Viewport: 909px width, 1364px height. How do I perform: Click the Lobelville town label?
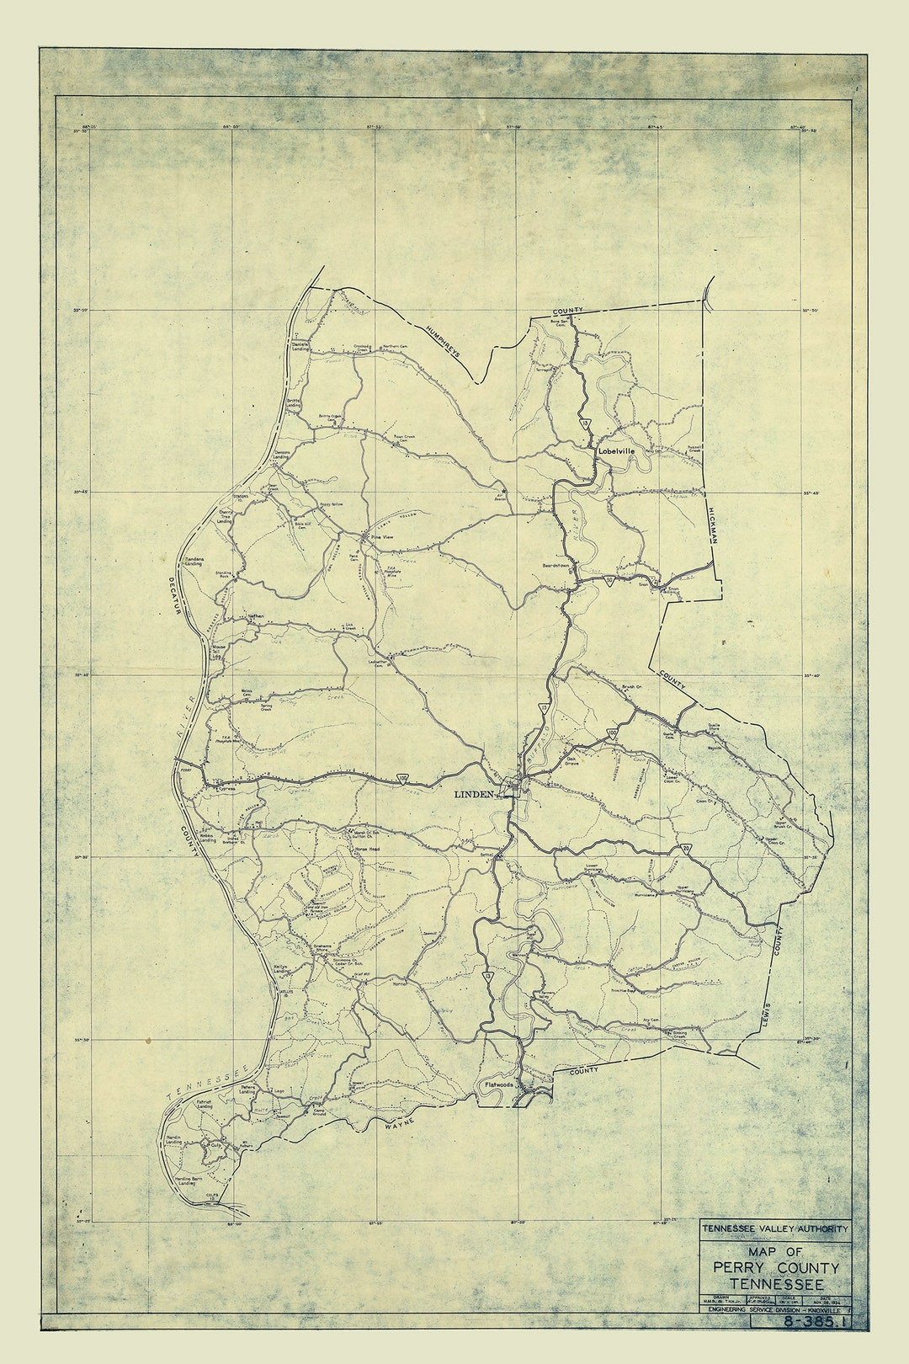tap(616, 451)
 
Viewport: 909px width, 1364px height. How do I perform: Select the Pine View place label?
tap(383, 536)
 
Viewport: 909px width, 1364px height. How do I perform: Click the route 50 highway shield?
tap(612, 733)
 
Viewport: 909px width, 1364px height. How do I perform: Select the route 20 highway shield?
tap(688, 850)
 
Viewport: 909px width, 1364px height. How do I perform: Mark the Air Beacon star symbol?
tap(503, 491)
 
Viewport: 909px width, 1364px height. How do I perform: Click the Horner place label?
tap(399, 983)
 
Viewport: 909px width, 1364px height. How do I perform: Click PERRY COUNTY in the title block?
tap(775, 1268)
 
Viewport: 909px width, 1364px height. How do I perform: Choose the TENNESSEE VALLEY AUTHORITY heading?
tap(775, 1229)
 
